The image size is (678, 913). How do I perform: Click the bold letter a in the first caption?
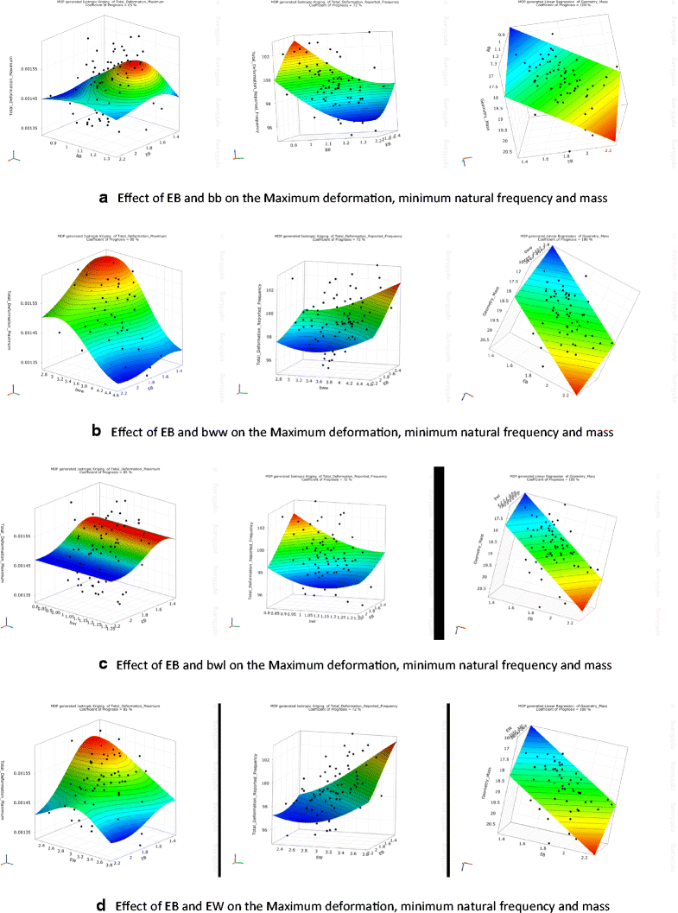104,198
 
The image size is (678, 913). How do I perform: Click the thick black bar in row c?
438,553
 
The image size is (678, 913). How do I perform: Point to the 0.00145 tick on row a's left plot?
28,98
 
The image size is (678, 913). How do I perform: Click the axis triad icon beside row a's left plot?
14,156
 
